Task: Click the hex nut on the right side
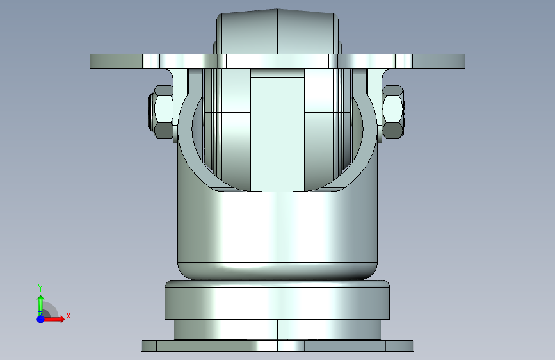pyautogui.click(x=393, y=112)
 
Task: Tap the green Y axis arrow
pyautogui.click(x=40, y=304)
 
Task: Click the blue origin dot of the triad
pyautogui.click(x=41, y=319)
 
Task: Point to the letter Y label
pyautogui.click(x=40, y=288)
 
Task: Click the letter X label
pyautogui.click(x=68, y=316)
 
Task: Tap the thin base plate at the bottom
pyautogui.click(x=278, y=346)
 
